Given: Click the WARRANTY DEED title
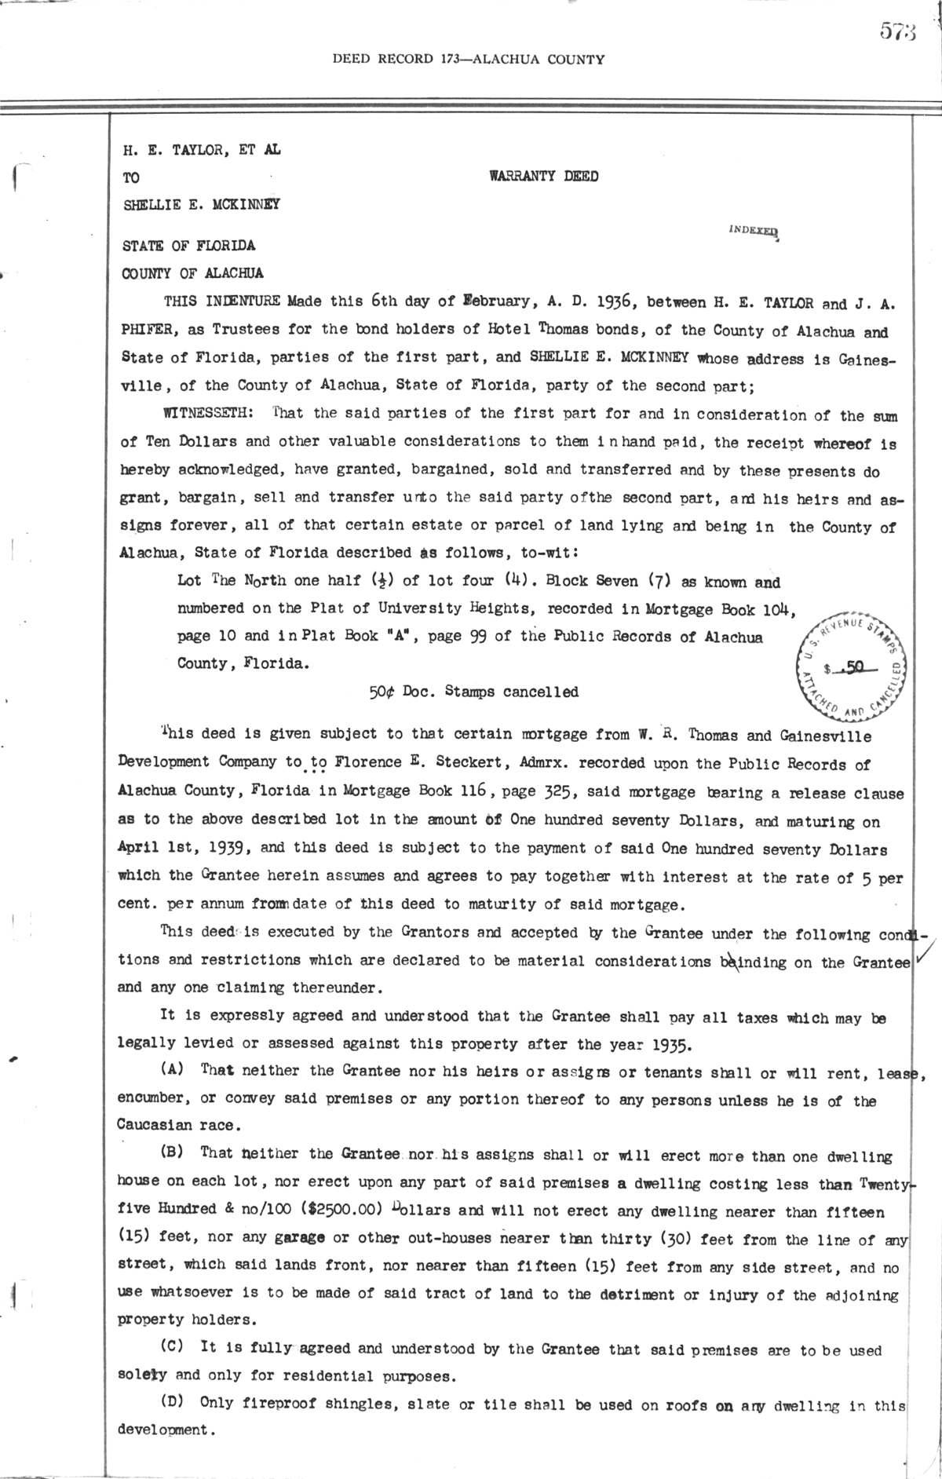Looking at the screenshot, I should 543,177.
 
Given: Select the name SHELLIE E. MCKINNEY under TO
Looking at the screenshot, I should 201,205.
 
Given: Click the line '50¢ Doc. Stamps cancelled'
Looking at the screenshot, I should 473,692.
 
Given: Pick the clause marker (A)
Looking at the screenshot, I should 172,1069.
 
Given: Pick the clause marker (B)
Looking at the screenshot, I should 172,1152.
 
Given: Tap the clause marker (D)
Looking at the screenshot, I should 173,1402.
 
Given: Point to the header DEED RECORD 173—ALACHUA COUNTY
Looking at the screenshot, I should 469,59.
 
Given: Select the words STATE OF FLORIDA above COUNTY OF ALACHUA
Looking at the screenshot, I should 188,246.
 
